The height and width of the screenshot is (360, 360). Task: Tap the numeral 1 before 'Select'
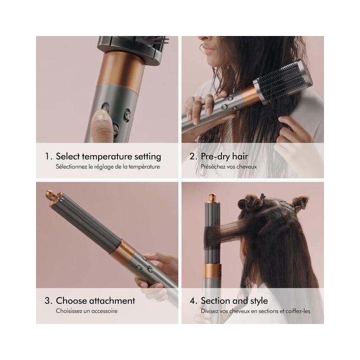click(x=48, y=156)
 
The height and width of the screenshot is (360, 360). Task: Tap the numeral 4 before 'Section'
click(x=193, y=301)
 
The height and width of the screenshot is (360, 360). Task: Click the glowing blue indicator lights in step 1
click(x=115, y=119)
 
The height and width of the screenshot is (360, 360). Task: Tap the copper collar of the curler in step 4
click(x=212, y=273)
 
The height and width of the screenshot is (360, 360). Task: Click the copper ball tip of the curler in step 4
click(x=212, y=198)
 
